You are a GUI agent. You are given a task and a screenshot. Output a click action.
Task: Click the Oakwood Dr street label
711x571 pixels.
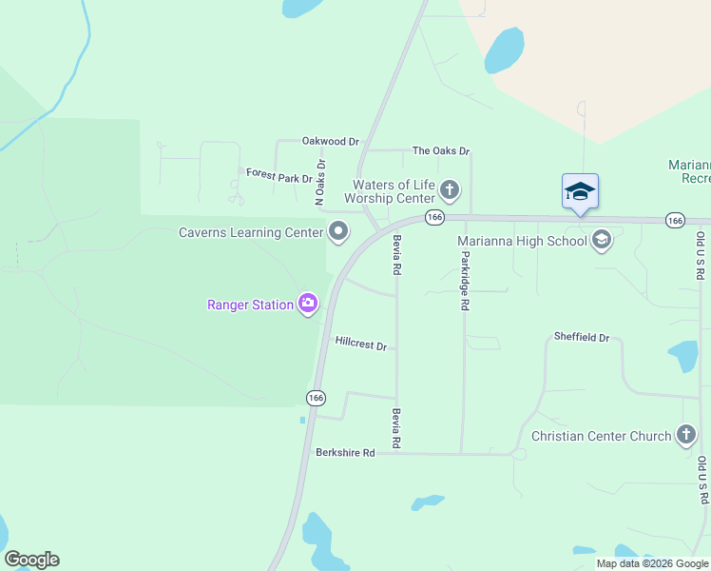[x=330, y=141]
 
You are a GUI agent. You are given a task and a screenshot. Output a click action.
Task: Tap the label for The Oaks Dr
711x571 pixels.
[x=441, y=151]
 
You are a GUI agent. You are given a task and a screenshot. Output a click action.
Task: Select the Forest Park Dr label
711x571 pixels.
[x=279, y=175]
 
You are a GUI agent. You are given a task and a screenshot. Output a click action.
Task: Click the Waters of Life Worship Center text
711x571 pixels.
[x=394, y=191]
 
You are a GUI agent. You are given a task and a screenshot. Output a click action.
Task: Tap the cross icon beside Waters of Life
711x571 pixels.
[x=450, y=191]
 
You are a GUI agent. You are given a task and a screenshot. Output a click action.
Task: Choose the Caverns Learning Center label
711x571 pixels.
[x=243, y=232]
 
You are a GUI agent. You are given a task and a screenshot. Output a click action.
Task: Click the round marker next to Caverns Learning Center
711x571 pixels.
[x=338, y=231]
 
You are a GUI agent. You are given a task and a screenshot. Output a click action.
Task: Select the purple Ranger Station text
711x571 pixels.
[x=251, y=305]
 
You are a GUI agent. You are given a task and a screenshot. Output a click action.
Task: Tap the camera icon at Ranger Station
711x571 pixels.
[x=308, y=305]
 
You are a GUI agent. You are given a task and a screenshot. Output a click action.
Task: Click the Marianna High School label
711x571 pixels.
[x=522, y=241]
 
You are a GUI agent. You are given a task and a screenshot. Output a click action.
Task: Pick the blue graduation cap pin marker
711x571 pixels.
[x=580, y=191]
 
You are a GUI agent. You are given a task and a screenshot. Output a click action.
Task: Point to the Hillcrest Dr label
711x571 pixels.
[x=360, y=343]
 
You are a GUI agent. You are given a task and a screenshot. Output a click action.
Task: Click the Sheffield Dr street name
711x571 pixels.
[x=582, y=337]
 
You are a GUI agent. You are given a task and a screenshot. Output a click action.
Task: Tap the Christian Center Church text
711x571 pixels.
[x=601, y=436]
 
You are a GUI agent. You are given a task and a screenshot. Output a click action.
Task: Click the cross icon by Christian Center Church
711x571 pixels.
[x=686, y=436]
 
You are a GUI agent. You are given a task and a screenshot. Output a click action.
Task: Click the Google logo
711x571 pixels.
[x=31, y=560]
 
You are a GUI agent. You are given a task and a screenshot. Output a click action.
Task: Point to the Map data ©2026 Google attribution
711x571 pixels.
[x=651, y=563]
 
